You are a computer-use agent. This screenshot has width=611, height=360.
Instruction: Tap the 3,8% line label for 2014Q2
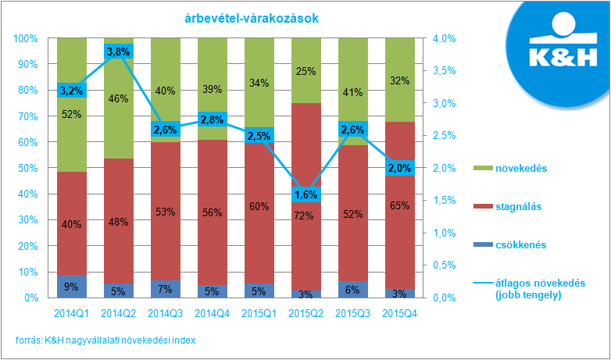(119, 52)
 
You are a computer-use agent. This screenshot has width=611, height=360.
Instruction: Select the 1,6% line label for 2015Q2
(305, 194)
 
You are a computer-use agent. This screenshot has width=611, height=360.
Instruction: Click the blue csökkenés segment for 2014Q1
(72, 286)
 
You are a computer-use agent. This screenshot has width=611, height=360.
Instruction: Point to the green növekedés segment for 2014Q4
(212, 70)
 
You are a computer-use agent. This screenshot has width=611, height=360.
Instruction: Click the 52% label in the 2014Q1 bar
(72, 115)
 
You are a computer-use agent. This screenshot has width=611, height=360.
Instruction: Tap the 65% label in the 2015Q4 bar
(399, 206)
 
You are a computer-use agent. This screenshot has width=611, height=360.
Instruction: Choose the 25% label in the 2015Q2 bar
(305, 72)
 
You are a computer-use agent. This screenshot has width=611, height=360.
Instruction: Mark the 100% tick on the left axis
(27, 38)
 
